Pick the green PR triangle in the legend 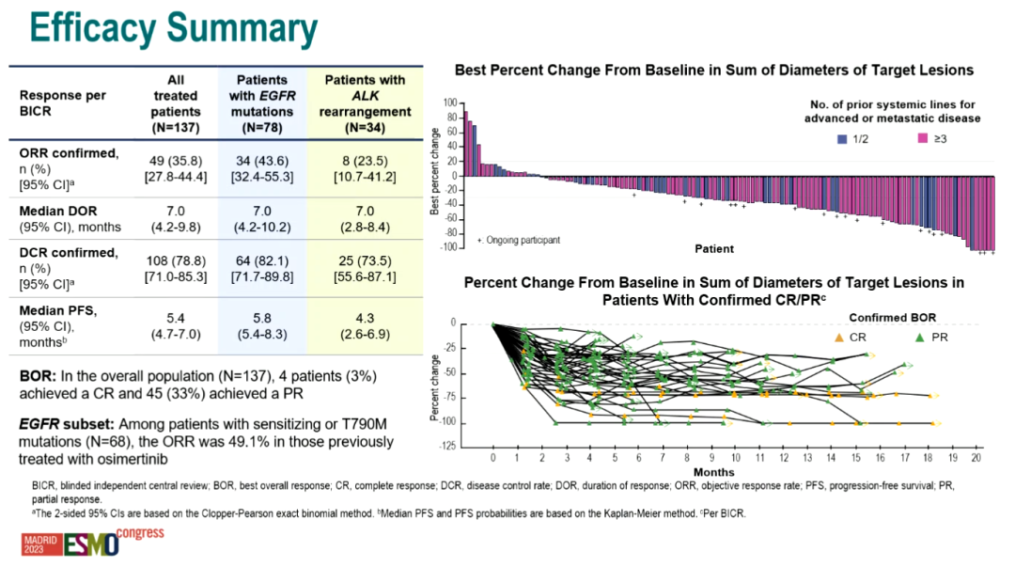(919, 336)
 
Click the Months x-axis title (713, 470)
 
